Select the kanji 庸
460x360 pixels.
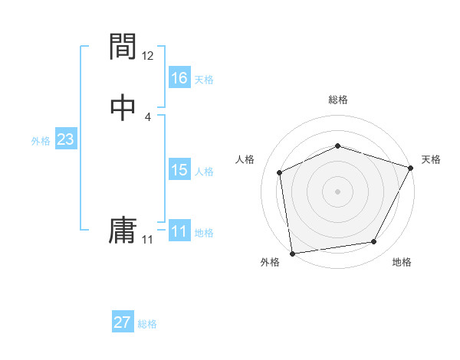click(x=123, y=231)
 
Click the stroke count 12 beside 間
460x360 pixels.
click(x=148, y=56)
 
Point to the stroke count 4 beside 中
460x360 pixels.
click(x=148, y=117)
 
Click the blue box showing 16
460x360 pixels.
click(x=179, y=78)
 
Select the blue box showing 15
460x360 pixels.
click(x=179, y=170)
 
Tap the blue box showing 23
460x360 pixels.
click(x=65, y=140)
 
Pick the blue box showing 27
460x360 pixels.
click(x=123, y=322)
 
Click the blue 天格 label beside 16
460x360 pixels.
click(x=204, y=80)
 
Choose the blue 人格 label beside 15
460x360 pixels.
click(x=204, y=172)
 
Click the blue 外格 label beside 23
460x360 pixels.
click(x=41, y=141)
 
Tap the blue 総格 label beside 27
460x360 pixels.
click(x=147, y=324)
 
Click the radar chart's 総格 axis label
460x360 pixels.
click(x=338, y=100)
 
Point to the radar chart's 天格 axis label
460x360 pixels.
click(x=431, y=159)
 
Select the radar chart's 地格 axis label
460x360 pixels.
click(x=402, y=263)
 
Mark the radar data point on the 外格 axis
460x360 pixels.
click(x=292, y=253)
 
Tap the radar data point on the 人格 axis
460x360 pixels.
click(x=280, y=172)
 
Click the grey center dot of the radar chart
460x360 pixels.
click(x=338, y=191)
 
